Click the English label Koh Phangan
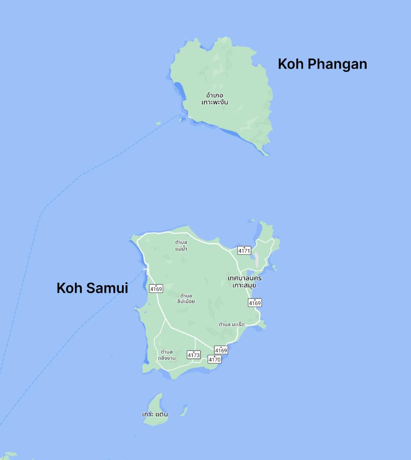322,64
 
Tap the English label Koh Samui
92,288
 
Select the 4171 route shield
244,250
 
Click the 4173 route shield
194,354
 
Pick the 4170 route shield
215,359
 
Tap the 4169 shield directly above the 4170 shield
221,350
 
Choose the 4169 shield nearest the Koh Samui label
156,289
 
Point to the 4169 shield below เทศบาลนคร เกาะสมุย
255,303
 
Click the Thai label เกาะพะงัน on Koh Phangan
215,99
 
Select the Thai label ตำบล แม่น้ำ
181,245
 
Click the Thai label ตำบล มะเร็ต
231,324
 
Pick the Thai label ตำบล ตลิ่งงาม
166,354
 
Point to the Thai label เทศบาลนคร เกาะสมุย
245,282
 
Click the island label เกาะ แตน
155,414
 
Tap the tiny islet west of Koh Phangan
158,123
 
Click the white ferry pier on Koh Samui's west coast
145,270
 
